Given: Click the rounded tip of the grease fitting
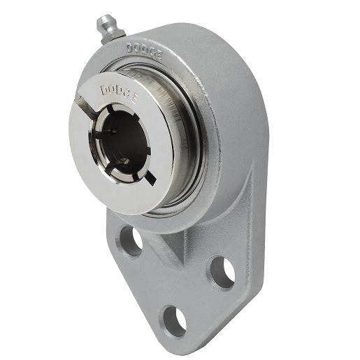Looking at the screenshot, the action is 102,19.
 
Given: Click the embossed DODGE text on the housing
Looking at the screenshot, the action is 145,52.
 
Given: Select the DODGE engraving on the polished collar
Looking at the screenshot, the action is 119,94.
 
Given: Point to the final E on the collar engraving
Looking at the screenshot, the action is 134,101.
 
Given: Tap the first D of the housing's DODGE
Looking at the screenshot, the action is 130,48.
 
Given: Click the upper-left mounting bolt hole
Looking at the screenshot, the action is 131,240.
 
